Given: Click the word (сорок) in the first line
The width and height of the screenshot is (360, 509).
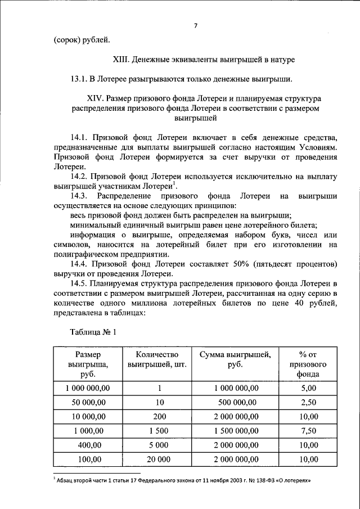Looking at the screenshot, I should (67, 39).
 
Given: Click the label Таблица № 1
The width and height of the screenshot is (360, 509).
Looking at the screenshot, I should (93, 331).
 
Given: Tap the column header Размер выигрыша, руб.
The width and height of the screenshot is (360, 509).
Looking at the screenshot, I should (87, 364).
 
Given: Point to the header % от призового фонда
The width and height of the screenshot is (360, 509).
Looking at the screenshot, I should (308, 364).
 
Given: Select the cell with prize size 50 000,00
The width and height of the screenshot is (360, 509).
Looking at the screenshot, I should (87, 402).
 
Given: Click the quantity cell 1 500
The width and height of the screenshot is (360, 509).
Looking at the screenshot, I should (160, 431).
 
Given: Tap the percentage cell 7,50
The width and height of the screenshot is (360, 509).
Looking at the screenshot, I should (308, 431).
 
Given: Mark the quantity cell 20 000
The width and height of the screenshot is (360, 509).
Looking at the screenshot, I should (160, 460).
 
